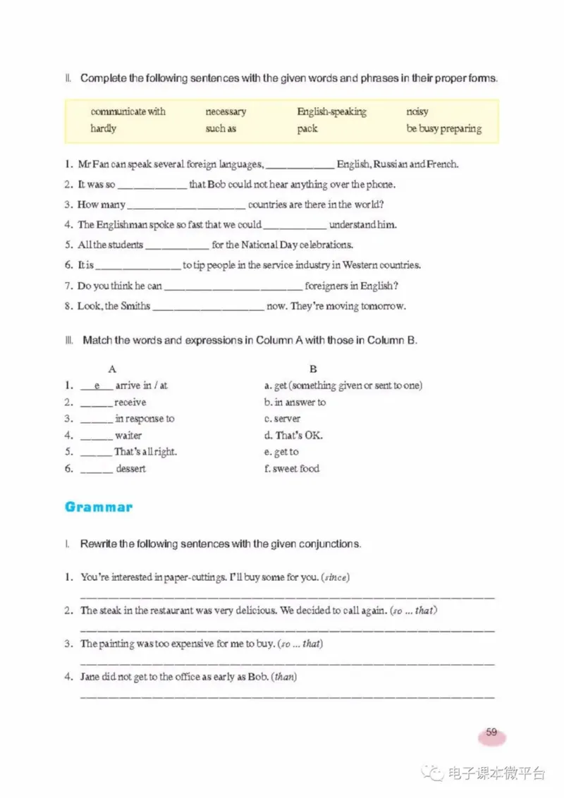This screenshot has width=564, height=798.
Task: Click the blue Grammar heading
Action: pos(98,507)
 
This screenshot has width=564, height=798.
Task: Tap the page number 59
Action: pos(491,732)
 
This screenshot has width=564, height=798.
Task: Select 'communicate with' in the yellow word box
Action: pos(128,111)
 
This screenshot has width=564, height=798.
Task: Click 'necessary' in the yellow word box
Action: pos(226,111)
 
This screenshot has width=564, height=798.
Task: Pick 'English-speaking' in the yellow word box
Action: pos(331,111)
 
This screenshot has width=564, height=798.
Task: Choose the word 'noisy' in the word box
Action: pos(417,111)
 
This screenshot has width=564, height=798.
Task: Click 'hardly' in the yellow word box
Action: pos(103,128)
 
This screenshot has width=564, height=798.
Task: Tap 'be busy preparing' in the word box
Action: pos(444,128)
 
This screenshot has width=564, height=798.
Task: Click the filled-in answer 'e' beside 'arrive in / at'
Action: pos(97,386)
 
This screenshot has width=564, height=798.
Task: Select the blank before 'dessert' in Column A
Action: pos(96,469)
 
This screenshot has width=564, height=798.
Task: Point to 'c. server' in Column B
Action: pos(282,419)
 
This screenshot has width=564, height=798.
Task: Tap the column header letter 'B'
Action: pos(313,369)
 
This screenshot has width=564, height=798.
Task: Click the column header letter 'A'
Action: pos(112,369)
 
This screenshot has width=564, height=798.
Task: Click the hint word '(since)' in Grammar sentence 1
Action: pos(335,577)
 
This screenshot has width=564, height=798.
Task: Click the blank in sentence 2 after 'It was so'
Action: pos(152,186)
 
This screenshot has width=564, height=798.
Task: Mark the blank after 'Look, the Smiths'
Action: pos(208,307)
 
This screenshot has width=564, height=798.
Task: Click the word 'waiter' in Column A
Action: pos(128,436)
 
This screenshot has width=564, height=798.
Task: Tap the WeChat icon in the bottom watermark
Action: pos(434,773)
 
